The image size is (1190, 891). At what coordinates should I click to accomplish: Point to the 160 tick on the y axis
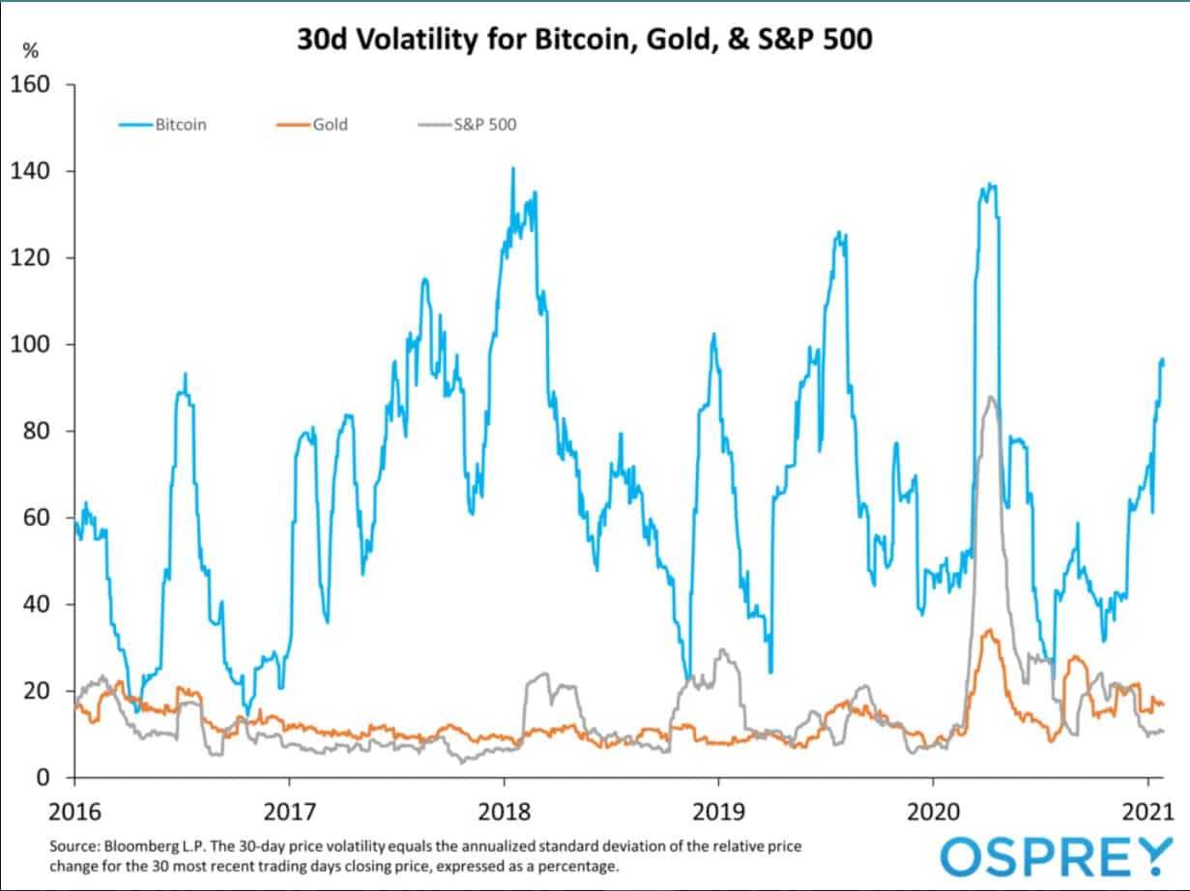pos(37,85)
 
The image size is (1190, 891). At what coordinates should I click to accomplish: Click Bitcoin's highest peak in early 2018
pos(512,169)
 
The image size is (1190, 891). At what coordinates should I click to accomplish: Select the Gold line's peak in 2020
pos(988,630)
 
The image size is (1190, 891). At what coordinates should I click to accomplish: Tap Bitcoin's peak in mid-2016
pos(185,374)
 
